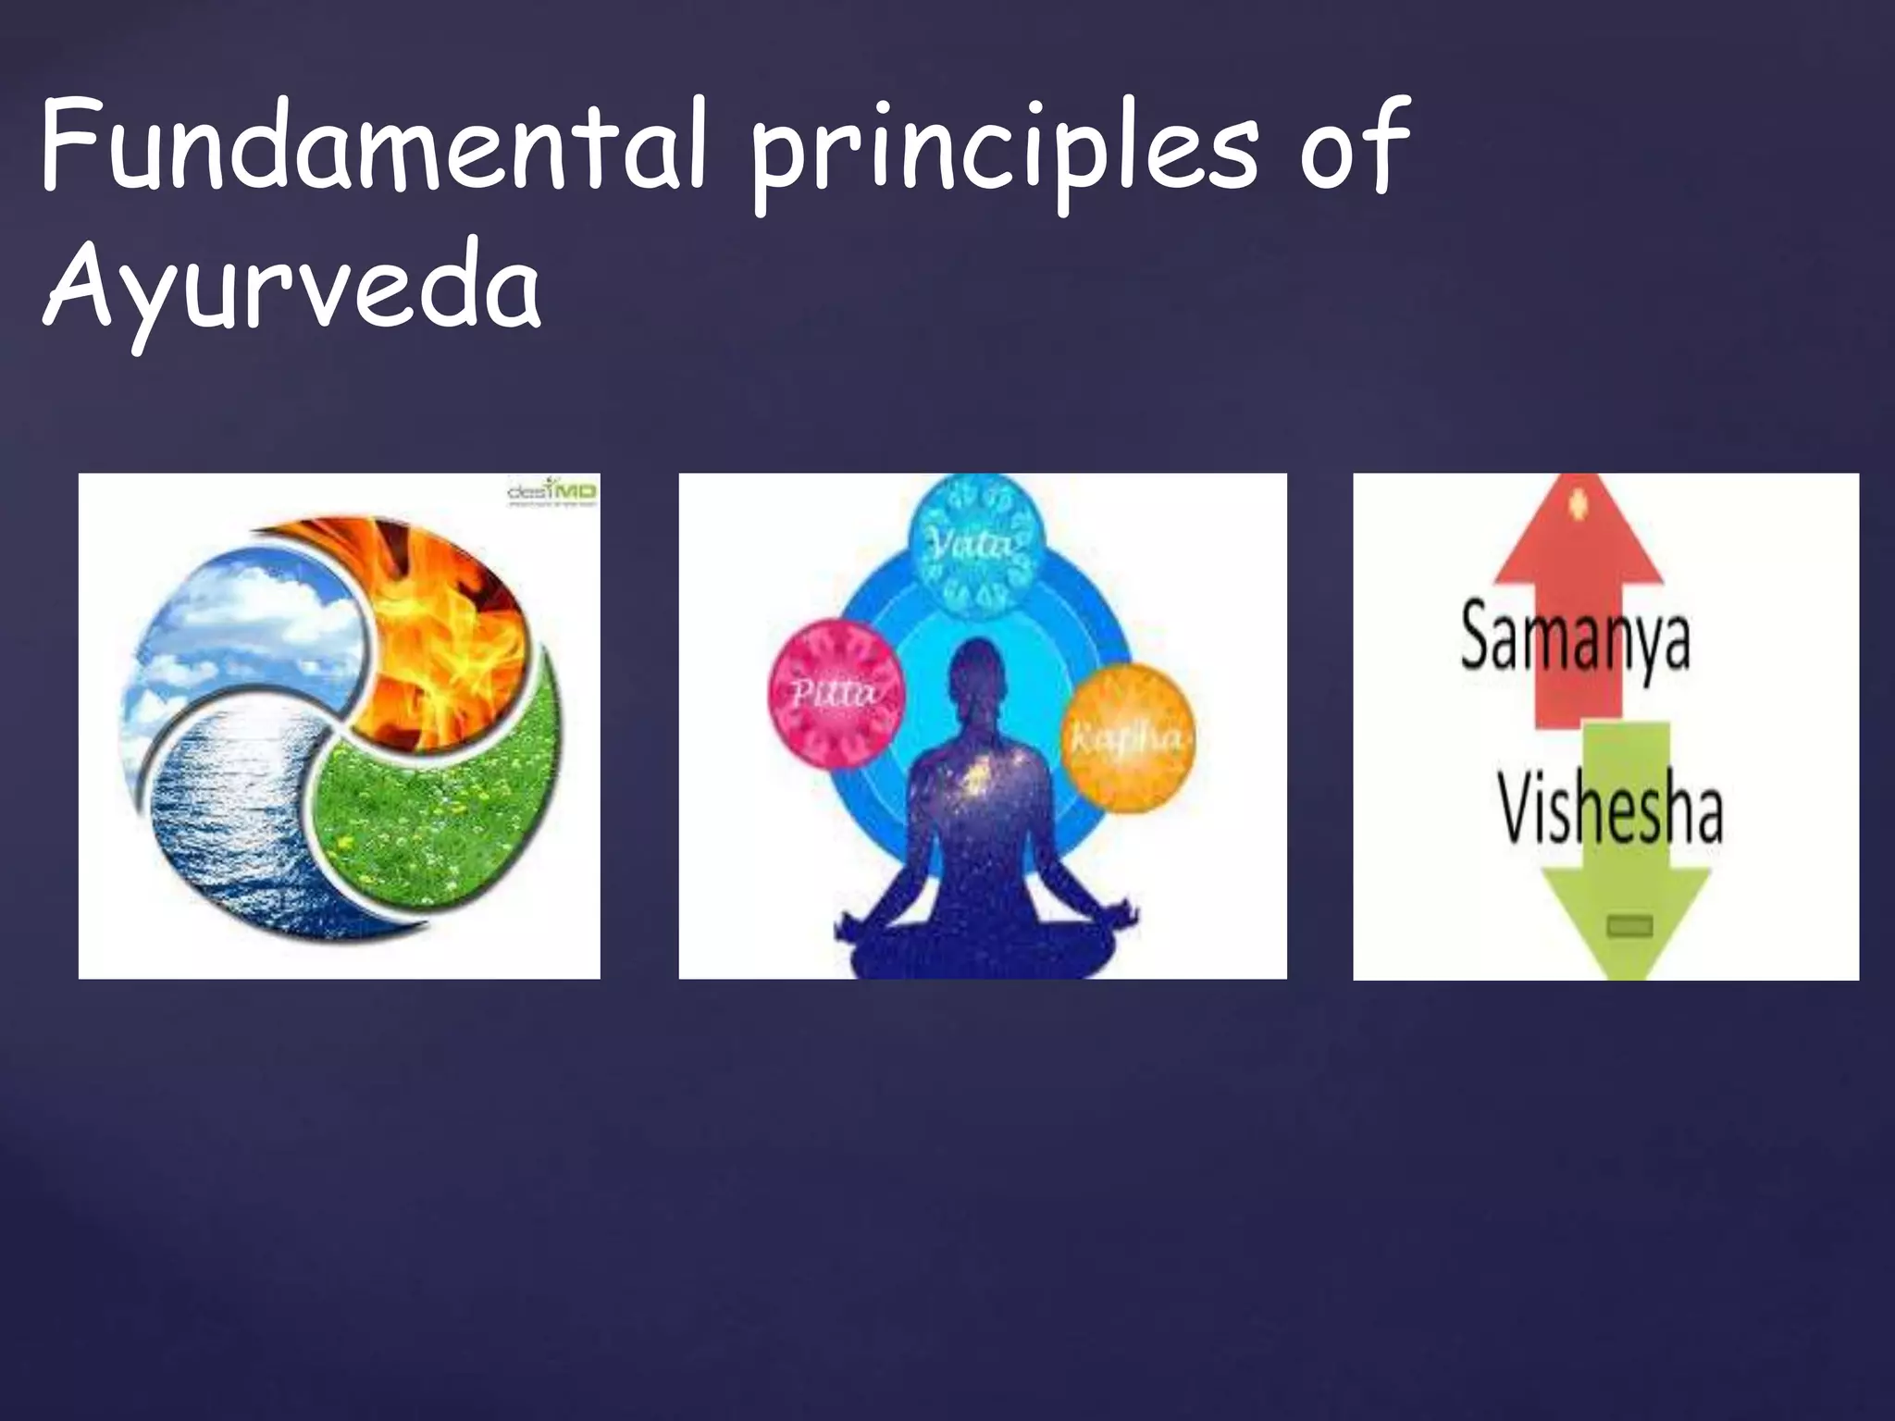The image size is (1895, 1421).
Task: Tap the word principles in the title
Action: coord(1005,153)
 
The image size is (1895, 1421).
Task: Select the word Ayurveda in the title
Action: coord(291,287)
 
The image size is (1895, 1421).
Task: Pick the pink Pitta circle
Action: coord(836,692)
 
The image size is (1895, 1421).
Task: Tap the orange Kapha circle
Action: coord(1126,737)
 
